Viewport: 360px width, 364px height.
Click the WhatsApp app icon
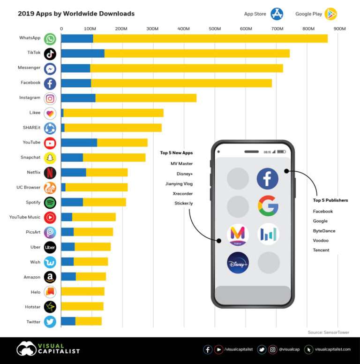[x=50, y=38]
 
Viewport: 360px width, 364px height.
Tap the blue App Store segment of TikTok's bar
[x=82, y=53]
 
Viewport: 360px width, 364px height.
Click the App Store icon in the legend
[x=277, y=14]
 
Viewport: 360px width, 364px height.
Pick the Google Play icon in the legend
[x=331, y=14]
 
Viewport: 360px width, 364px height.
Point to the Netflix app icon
[x=50, y=173]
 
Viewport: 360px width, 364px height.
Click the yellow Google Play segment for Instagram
[x=146, y=98]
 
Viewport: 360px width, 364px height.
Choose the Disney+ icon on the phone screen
[x=238, y=263]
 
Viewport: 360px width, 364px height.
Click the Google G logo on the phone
[x=268, y=205]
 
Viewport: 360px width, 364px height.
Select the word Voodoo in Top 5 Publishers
[x=321, y=240]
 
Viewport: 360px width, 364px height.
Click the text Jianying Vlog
[x=179, y=183]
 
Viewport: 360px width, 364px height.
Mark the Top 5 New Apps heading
[x=176, y=153]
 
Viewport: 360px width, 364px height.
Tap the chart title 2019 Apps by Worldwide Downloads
[x=76, y=14]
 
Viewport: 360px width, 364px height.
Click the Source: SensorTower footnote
[x=329, y=332]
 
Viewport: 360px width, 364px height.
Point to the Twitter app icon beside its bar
[x=50, y=321]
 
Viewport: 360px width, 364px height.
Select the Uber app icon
[x=50, y=247]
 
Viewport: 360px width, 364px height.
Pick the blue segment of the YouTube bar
[x=79, y=143]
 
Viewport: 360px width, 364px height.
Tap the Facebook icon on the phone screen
[x=268, y=179]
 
